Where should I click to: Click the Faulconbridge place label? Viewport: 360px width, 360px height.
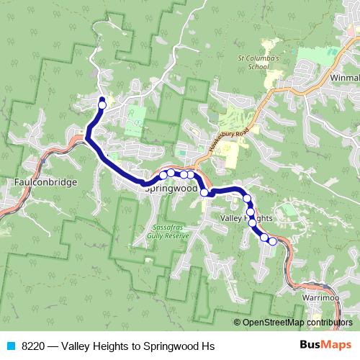pos(45,183)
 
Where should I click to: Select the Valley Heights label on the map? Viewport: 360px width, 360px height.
pos(245,217)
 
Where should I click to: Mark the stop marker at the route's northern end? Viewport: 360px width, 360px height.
pos(102,104)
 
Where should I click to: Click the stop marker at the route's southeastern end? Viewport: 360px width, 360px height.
pos(273,241)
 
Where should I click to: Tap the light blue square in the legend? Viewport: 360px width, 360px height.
pos(10,346)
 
